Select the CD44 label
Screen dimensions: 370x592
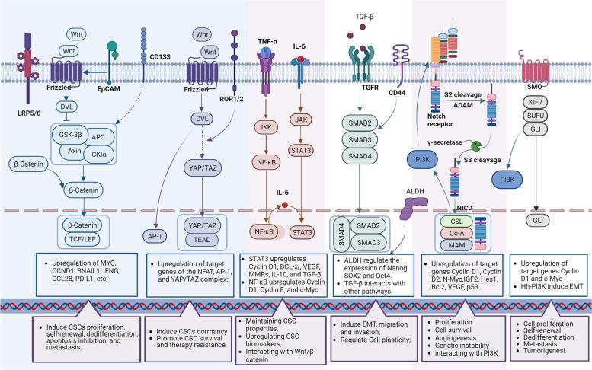[398, 94]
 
